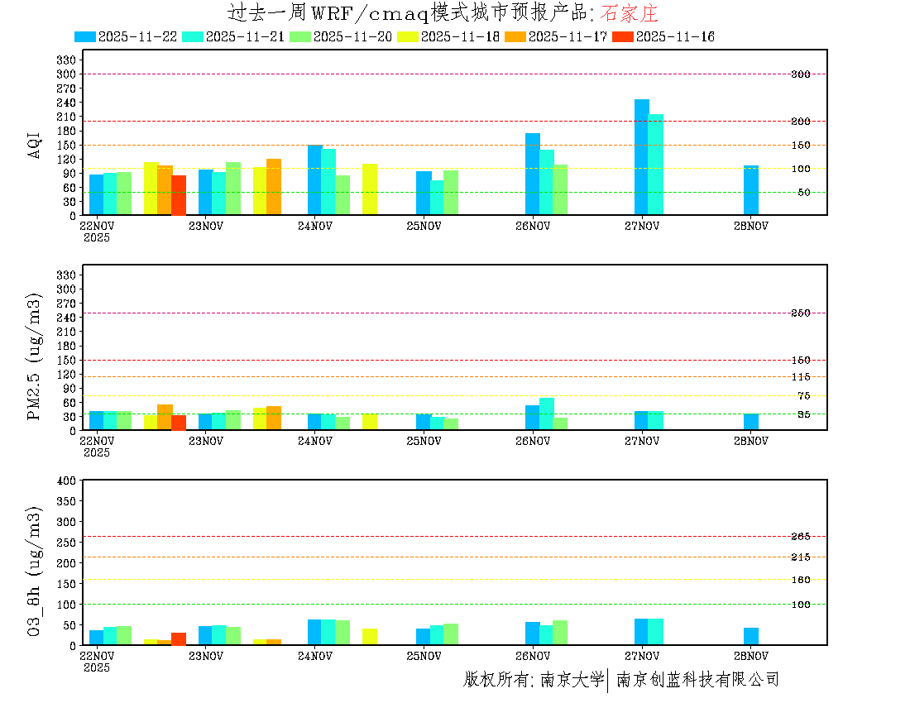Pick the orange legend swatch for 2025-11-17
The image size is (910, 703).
pos(515,36)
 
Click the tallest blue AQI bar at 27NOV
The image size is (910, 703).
pos(641,157)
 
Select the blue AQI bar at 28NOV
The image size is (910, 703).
pos(750,190)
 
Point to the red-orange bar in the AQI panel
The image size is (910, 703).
pos(178,195)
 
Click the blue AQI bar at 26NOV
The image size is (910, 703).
pos(532,174)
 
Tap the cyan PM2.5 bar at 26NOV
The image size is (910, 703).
pos(546,414)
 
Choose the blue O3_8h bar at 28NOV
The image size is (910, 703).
pos(750,636)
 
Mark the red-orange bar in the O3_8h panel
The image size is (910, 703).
pos(178,638)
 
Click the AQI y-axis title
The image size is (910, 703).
pos(35,145)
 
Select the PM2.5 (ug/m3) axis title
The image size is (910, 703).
pos(35,356)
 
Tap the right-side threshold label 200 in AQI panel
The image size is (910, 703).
pos(800,122)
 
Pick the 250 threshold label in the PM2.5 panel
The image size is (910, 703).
pos(800,313)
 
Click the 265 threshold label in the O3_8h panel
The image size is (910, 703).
pos(800,537)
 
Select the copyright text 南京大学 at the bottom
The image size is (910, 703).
pos(572,680)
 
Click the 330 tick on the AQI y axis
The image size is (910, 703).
pos(67,60)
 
